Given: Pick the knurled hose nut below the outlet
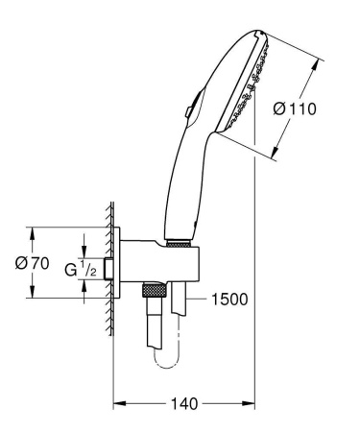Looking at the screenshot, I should click(x=152, y=289).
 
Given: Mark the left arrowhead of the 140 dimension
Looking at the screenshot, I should click(x=119, y=404).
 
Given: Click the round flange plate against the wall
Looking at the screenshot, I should click(x=122, y=266).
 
